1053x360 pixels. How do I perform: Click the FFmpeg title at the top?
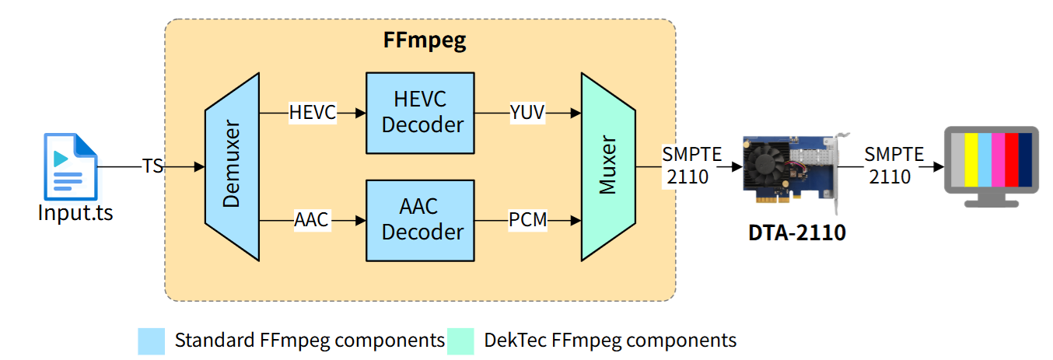pos(425,40)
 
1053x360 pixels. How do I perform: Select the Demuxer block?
pos(231,166)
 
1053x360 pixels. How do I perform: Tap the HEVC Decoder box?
pos(420,113)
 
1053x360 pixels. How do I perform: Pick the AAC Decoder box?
pos(420,220)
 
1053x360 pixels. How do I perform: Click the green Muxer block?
pos(609,166)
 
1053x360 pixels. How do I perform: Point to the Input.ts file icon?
pos(70,166)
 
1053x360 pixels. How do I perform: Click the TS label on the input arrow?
pos(152,166)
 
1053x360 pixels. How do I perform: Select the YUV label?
pos(528,113)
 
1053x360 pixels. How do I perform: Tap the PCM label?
pos(528,221)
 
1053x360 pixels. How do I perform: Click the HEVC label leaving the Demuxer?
pos(312,113)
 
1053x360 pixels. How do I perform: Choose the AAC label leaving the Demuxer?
pos(312,221)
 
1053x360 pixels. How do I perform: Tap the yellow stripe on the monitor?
pos(971,159)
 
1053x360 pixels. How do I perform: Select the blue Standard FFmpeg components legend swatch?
pos(151,341)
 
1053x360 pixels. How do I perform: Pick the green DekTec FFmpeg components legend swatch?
pos(460,341)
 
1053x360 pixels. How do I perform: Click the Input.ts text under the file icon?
pos(75,211)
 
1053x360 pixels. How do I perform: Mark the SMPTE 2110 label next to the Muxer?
pos(685,166)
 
